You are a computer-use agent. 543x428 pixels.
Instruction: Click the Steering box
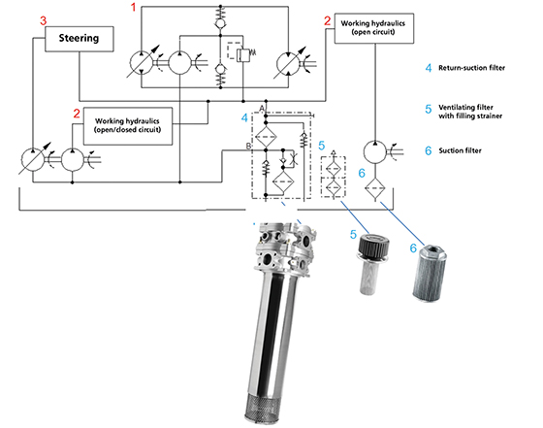tap(80, 39)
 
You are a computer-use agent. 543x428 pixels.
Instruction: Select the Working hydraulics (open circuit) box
tap(374, 28)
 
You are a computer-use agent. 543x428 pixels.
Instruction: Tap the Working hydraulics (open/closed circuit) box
tap(128, 126)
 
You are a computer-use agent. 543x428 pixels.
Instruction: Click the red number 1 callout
tap(134, 7)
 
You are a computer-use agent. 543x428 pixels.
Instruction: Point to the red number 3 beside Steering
tap(43, 20)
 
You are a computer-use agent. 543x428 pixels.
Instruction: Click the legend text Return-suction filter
tap(471, 68)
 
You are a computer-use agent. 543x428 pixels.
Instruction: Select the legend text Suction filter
tap(461, 150)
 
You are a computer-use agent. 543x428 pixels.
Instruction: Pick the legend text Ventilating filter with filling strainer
tap(470, 112)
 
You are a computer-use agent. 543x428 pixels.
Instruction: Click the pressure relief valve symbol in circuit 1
tap(242, 52)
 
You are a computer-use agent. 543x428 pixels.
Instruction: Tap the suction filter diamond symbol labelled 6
tap(374, 188)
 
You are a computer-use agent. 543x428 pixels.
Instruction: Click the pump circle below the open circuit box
tap(374, 151)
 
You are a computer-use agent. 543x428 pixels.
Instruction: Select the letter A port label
tap(262, 109)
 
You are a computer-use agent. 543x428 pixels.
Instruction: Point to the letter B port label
tap(248, 147)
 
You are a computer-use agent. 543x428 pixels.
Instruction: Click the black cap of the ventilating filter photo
tap(374, 244)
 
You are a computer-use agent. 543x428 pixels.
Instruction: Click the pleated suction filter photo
tap(430, 273)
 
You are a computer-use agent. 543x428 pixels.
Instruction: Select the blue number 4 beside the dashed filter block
tap(244, 118)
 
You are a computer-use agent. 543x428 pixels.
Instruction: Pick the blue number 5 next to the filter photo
tap(353, 235)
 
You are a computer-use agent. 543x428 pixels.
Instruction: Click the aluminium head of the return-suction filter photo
tap(286, 247)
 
